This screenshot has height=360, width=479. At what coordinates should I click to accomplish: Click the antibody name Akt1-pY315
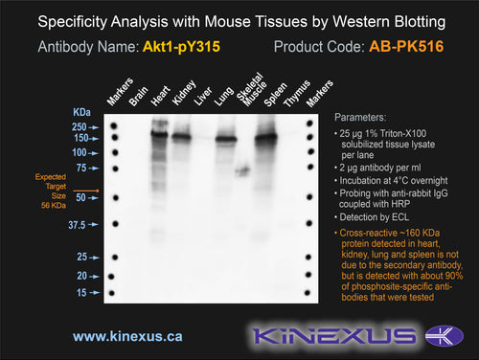pos(181,47)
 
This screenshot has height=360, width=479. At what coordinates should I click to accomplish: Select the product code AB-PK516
pos(406,47)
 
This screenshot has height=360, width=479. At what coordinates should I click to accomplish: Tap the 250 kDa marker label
pos(80,127)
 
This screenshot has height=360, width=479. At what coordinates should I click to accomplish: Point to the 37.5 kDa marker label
pos(77,225)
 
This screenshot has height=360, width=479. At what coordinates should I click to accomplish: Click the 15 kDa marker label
pos(81,293)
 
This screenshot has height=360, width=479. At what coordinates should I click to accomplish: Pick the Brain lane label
pos(138,96)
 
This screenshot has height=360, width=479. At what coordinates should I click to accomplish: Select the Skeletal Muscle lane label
pos(251,88)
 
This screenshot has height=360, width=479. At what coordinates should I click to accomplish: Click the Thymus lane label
pos(297,94)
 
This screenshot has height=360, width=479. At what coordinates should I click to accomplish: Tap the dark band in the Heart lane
pos(159,134)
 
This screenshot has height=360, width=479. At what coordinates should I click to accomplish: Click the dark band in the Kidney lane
pos(182,137)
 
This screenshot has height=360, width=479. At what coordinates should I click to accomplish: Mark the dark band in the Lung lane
pos(226,139)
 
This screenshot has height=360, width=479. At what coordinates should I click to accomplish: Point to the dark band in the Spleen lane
pos(266,138)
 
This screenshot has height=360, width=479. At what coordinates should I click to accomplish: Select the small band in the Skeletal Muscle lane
pos(242,170)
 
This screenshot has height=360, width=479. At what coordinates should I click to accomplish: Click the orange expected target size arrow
pos(86,191)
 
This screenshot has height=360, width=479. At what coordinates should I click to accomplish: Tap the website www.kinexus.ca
pos(127,336)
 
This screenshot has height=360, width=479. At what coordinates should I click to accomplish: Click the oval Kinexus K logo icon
pos(445,336)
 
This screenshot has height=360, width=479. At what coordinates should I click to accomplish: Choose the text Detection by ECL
pos(375,217)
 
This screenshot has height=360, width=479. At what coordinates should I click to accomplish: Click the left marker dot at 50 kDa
pos(116,198)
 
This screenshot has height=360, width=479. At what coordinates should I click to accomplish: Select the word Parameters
pos(360,118)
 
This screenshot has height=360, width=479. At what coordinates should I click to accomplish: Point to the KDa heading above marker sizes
pos(81,112)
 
